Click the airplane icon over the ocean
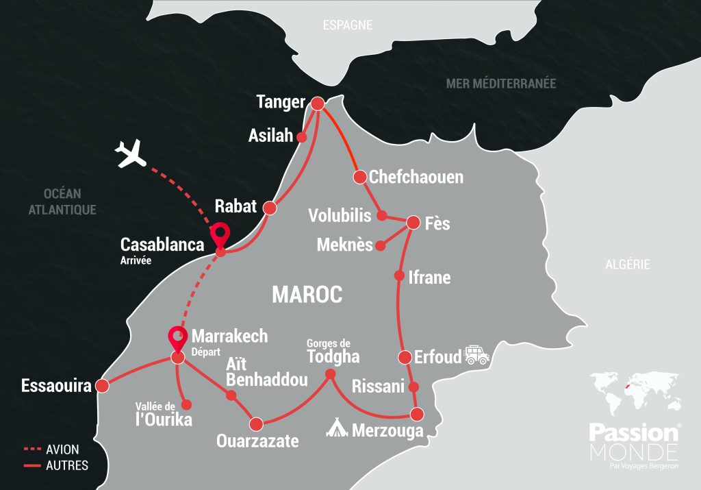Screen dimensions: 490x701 pos(132,154)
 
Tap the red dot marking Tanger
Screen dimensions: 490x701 pos(317,103)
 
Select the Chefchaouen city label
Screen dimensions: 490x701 pos(416,177)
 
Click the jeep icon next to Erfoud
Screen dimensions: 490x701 pos(477,354)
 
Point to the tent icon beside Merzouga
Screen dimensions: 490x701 pos(337,428)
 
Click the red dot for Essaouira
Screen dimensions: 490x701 pos(102,386)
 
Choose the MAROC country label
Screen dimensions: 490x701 pos(307,295)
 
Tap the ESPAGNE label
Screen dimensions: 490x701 pos(348,25)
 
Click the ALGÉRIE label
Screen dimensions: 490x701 pos(627,265)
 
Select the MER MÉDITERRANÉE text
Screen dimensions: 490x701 pos(501,84)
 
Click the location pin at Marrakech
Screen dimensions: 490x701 pos(177,338)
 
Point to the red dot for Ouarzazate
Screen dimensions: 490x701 pos(257,423)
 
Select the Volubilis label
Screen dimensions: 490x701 pos(340,215)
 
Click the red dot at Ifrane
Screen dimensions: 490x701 pos(399,276)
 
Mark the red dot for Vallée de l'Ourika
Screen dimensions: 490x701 pos(185,404)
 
